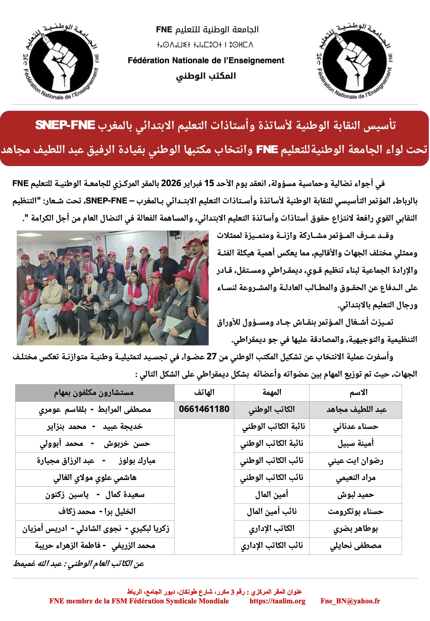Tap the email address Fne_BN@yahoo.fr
[x=350, y=601]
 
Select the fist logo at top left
[x=61, y=62]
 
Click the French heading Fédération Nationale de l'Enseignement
[x=206, y=60]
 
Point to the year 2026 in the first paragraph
[x=171, y=183]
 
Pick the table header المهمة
[x=272, y=392]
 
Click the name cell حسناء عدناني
[x=356, y=426]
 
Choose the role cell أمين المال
[x=272, y=494]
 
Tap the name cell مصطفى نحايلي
[x=356, y=546]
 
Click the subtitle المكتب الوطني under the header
[x=206, y=76]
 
